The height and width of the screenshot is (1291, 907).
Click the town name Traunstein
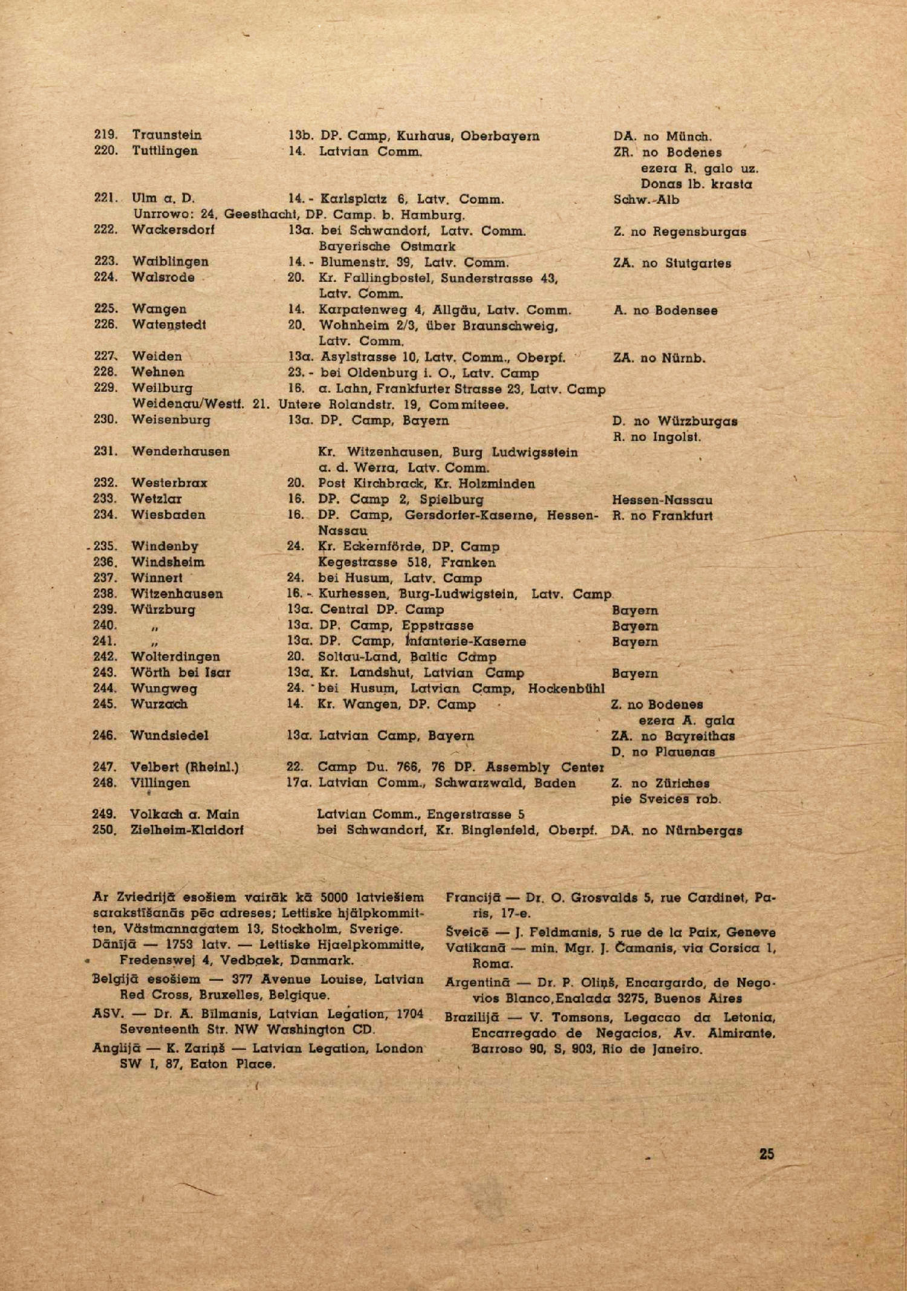[166, 135]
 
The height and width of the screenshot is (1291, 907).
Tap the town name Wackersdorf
[173, 230]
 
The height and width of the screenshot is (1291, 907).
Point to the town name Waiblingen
[170, 261]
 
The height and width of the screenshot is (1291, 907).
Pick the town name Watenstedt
[169, 325]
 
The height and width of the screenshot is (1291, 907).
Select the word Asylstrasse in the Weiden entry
[357, 357]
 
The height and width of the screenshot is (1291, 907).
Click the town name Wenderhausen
[180, 451]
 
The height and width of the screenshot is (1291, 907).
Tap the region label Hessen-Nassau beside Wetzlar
[662, 500]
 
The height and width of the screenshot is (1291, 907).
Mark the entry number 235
[105, 546]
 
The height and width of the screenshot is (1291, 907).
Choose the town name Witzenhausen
[177, 594]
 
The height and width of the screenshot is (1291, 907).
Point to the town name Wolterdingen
[175, 657]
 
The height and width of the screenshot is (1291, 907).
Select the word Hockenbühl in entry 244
[566, 688]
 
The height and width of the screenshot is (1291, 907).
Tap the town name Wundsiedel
[169, 735]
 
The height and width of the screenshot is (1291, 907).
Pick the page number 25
[766, 1153]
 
